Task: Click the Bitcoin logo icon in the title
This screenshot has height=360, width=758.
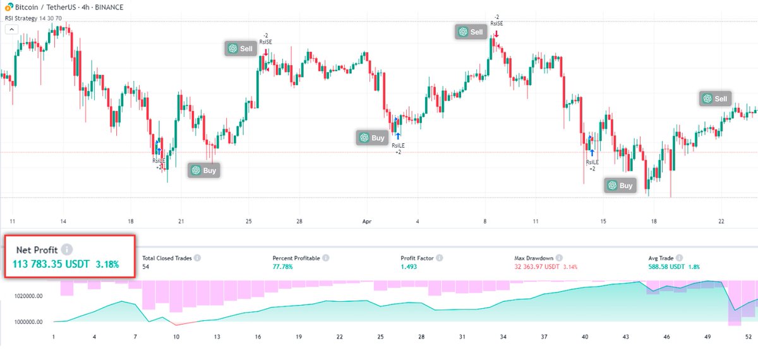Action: pyautogui.click(x=8, y=7)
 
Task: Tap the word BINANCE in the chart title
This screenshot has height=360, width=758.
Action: pyautogui.click(x=109, y=7)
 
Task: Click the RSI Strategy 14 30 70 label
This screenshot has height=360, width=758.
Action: pyautogui.click(x=33, y=18)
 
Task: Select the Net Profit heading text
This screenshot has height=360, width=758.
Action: pyautogui.click(x=37, y=249)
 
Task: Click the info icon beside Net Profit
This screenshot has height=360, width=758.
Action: pyautogui.click(x=67, y=249)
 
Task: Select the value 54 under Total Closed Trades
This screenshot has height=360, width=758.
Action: pyautogui.click(x=147, y=267)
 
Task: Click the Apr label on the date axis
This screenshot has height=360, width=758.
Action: pyautogui.click(x=367, y=222)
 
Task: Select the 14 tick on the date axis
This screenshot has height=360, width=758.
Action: pyautogui.click(x=63, y=222)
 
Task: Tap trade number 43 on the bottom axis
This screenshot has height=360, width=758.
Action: pyautogui.click(x=626, y=337)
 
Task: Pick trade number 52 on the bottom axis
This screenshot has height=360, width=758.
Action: pyautogui.click(x=747, y=337)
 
